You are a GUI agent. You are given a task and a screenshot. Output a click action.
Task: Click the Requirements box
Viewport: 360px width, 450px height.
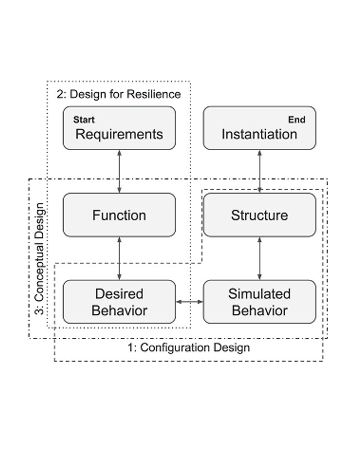tap(119, 128)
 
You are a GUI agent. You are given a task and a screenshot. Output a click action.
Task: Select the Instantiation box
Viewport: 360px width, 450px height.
tap(259, 128)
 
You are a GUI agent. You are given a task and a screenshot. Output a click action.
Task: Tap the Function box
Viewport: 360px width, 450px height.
tap(119, 215)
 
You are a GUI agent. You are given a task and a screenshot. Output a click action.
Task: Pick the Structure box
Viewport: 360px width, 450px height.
tap(259, 215)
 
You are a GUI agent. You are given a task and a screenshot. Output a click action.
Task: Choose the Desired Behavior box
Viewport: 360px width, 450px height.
tap(119, 302)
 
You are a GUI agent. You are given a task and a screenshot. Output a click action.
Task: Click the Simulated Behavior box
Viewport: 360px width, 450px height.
tap(259, 302)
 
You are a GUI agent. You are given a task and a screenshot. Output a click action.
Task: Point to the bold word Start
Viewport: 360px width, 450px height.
tap(84, 120)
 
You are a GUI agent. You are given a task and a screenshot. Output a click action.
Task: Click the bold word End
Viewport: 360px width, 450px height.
tap(297, 120)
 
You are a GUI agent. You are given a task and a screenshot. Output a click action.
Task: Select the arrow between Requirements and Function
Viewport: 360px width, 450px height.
tap(119, 171)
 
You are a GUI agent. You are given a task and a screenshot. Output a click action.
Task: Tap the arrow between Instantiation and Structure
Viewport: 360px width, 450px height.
tap(259, 171)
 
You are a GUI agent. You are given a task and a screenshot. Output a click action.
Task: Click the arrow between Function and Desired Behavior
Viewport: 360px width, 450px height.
tap(119, 258)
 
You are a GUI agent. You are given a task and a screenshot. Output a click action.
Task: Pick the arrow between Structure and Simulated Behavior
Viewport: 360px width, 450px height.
tap(259, 258)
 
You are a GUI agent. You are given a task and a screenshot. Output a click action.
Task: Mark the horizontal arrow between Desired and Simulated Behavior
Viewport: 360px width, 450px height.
tap(189, 302)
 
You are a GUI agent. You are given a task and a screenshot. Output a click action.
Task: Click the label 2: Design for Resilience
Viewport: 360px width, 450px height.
tap(119, 94)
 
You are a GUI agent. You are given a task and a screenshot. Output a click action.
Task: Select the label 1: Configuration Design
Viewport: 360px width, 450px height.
tap(189, 348)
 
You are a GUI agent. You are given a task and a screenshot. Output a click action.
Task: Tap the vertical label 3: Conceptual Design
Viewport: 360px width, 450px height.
tap(40, 259)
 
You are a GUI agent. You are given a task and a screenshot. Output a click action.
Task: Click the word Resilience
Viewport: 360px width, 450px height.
tap(154, 94)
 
